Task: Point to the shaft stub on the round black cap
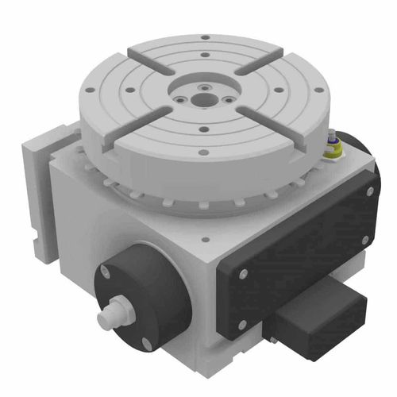pos(113,314)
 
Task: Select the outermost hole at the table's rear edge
pos(205,37)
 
